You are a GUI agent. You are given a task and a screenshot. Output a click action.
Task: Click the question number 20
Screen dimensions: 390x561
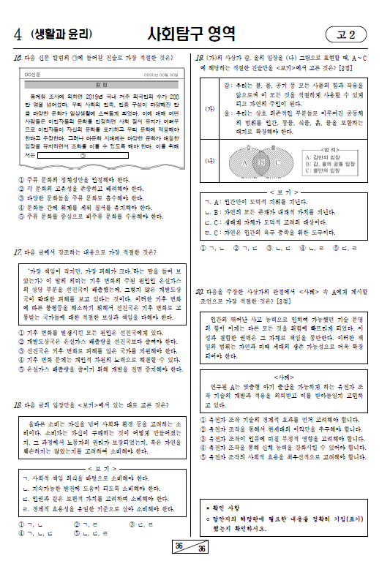tap(199, 291)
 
